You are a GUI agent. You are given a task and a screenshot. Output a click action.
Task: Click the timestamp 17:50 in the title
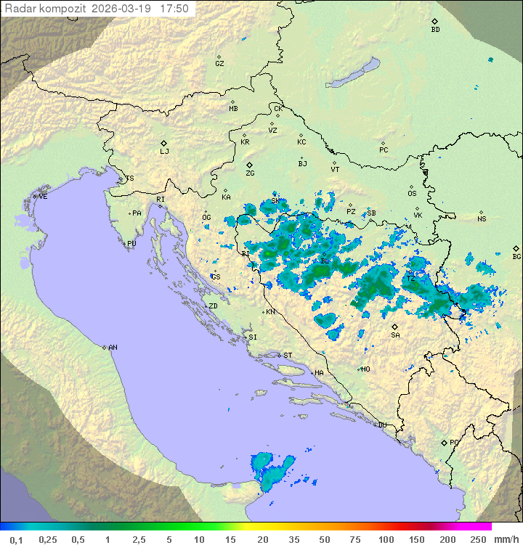click(174, 9)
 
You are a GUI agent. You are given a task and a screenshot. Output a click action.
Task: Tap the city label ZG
click(250, 173)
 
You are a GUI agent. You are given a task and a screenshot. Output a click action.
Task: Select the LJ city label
click(164, 151)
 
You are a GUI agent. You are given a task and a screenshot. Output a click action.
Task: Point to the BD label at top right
click(435, 30)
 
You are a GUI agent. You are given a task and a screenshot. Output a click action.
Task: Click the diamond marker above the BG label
click(516, 248)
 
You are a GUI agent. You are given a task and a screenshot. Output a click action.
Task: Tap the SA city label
click(395, 335)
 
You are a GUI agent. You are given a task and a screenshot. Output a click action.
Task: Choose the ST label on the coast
click(288, 355)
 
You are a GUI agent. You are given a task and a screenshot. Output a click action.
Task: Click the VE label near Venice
click(43, 196)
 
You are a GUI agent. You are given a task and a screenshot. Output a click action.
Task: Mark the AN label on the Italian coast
click(113, 348)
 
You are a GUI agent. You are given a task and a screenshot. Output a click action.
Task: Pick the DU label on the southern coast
click(381, 425)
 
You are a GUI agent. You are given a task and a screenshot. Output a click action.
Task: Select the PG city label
click(454, 442)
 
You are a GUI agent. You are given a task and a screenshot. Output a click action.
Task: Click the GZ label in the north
click(219, 63)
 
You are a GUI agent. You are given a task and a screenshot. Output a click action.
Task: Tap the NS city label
click(482, 219)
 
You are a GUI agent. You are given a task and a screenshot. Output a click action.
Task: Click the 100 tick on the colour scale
click(386, 539)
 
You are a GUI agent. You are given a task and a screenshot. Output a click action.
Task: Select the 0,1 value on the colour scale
click(16, 539)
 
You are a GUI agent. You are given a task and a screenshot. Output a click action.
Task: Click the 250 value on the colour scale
click(477, 539)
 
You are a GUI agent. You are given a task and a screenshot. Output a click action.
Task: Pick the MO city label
click(365, 369)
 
